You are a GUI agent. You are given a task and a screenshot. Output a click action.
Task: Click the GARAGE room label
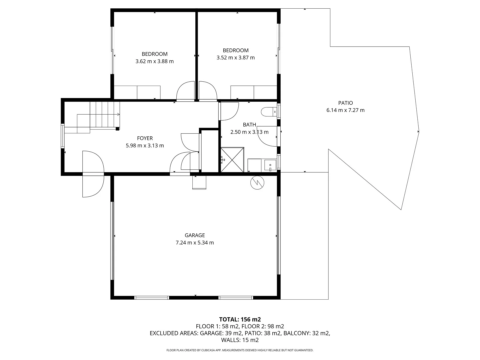(195, 235)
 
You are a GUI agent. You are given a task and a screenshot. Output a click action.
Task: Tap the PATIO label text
(345, 103)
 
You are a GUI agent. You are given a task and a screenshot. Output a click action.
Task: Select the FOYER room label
(145, 138)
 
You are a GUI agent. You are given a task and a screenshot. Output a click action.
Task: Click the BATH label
(249, 125)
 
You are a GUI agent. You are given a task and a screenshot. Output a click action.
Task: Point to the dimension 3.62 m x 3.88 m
(154, 61)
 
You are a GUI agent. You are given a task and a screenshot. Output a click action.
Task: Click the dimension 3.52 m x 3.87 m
(235, 58)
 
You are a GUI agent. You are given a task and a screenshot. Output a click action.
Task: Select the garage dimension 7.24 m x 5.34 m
(195, 243)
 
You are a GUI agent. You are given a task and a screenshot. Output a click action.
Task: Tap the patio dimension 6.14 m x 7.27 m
(345, 110)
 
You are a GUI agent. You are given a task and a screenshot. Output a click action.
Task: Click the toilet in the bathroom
(269, 112)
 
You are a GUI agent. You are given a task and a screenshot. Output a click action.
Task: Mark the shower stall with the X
(232, 160)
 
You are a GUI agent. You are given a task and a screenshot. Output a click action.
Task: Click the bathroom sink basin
(270, 165)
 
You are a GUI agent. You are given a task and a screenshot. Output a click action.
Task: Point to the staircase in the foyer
(100, 115)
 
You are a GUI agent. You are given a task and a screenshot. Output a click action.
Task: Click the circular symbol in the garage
(257, 182)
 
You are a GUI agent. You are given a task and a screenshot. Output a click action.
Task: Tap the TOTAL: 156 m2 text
(240, 319)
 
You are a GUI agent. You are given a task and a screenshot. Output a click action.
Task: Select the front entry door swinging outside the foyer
(93, 185)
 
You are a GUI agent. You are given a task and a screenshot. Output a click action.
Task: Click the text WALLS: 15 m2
(240, 340)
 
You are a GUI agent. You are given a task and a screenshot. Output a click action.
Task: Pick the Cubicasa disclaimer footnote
(240, 350)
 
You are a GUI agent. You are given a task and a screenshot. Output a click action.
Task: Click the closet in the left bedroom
(137, 92)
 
